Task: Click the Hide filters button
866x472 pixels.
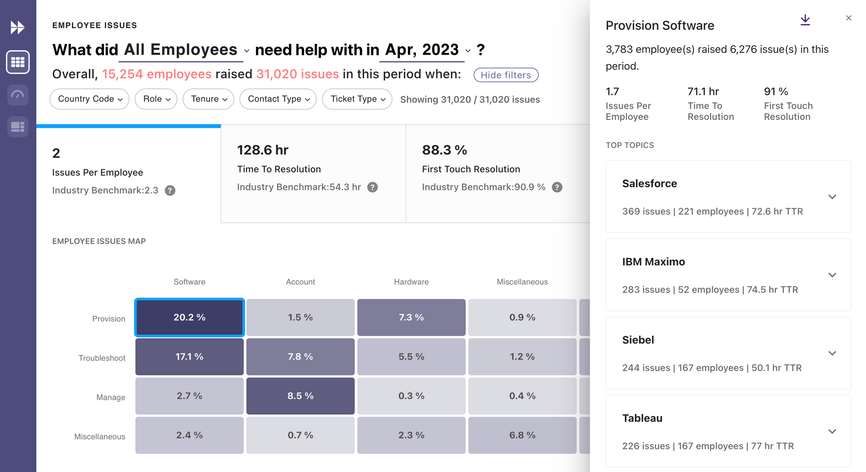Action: pyautogui.click(x=506, y=75)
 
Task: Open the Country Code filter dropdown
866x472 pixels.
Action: pyautogui.click(x=90, y=99)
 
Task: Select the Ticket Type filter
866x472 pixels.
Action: pyautogui.click(x=357, y=99)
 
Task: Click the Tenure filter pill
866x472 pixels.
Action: pyautogui.click(x=208, y=99)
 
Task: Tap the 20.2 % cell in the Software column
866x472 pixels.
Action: pyautogui.click(x=190, y=318)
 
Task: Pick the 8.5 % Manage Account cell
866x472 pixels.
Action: pyautogui.click(x=301, y=396)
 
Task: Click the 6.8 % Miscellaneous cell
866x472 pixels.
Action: pyautogui.click(x=522, y=435)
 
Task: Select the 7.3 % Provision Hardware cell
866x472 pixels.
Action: pyautogui.click(x=411, y=318)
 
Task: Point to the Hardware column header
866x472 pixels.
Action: pyautogui.click(x=411, y=282)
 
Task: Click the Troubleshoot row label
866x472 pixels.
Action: pyautogui.click(x=102, y=358)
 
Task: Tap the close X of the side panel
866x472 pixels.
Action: pyautogui.click(x=849, y=18)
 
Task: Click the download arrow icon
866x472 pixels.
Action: pyautogui.click(x=805, y=20)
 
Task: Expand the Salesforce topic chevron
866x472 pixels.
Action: pyautogui.click(x=832, y=197)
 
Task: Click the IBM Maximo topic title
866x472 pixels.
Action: pyautogui.click(x=653, y=262)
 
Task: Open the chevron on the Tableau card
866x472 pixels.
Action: pyautogui.click(x=832, y=431)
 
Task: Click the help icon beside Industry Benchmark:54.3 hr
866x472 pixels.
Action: pyautogui.click(x=372, y=187)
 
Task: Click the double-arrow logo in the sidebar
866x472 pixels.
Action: pyautogui.click(x=18, y=28)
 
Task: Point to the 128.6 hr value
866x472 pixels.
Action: pyautogui.click(x=263, y=150)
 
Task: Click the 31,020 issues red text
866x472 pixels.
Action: pyautogui.click(x=297, y=74)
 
